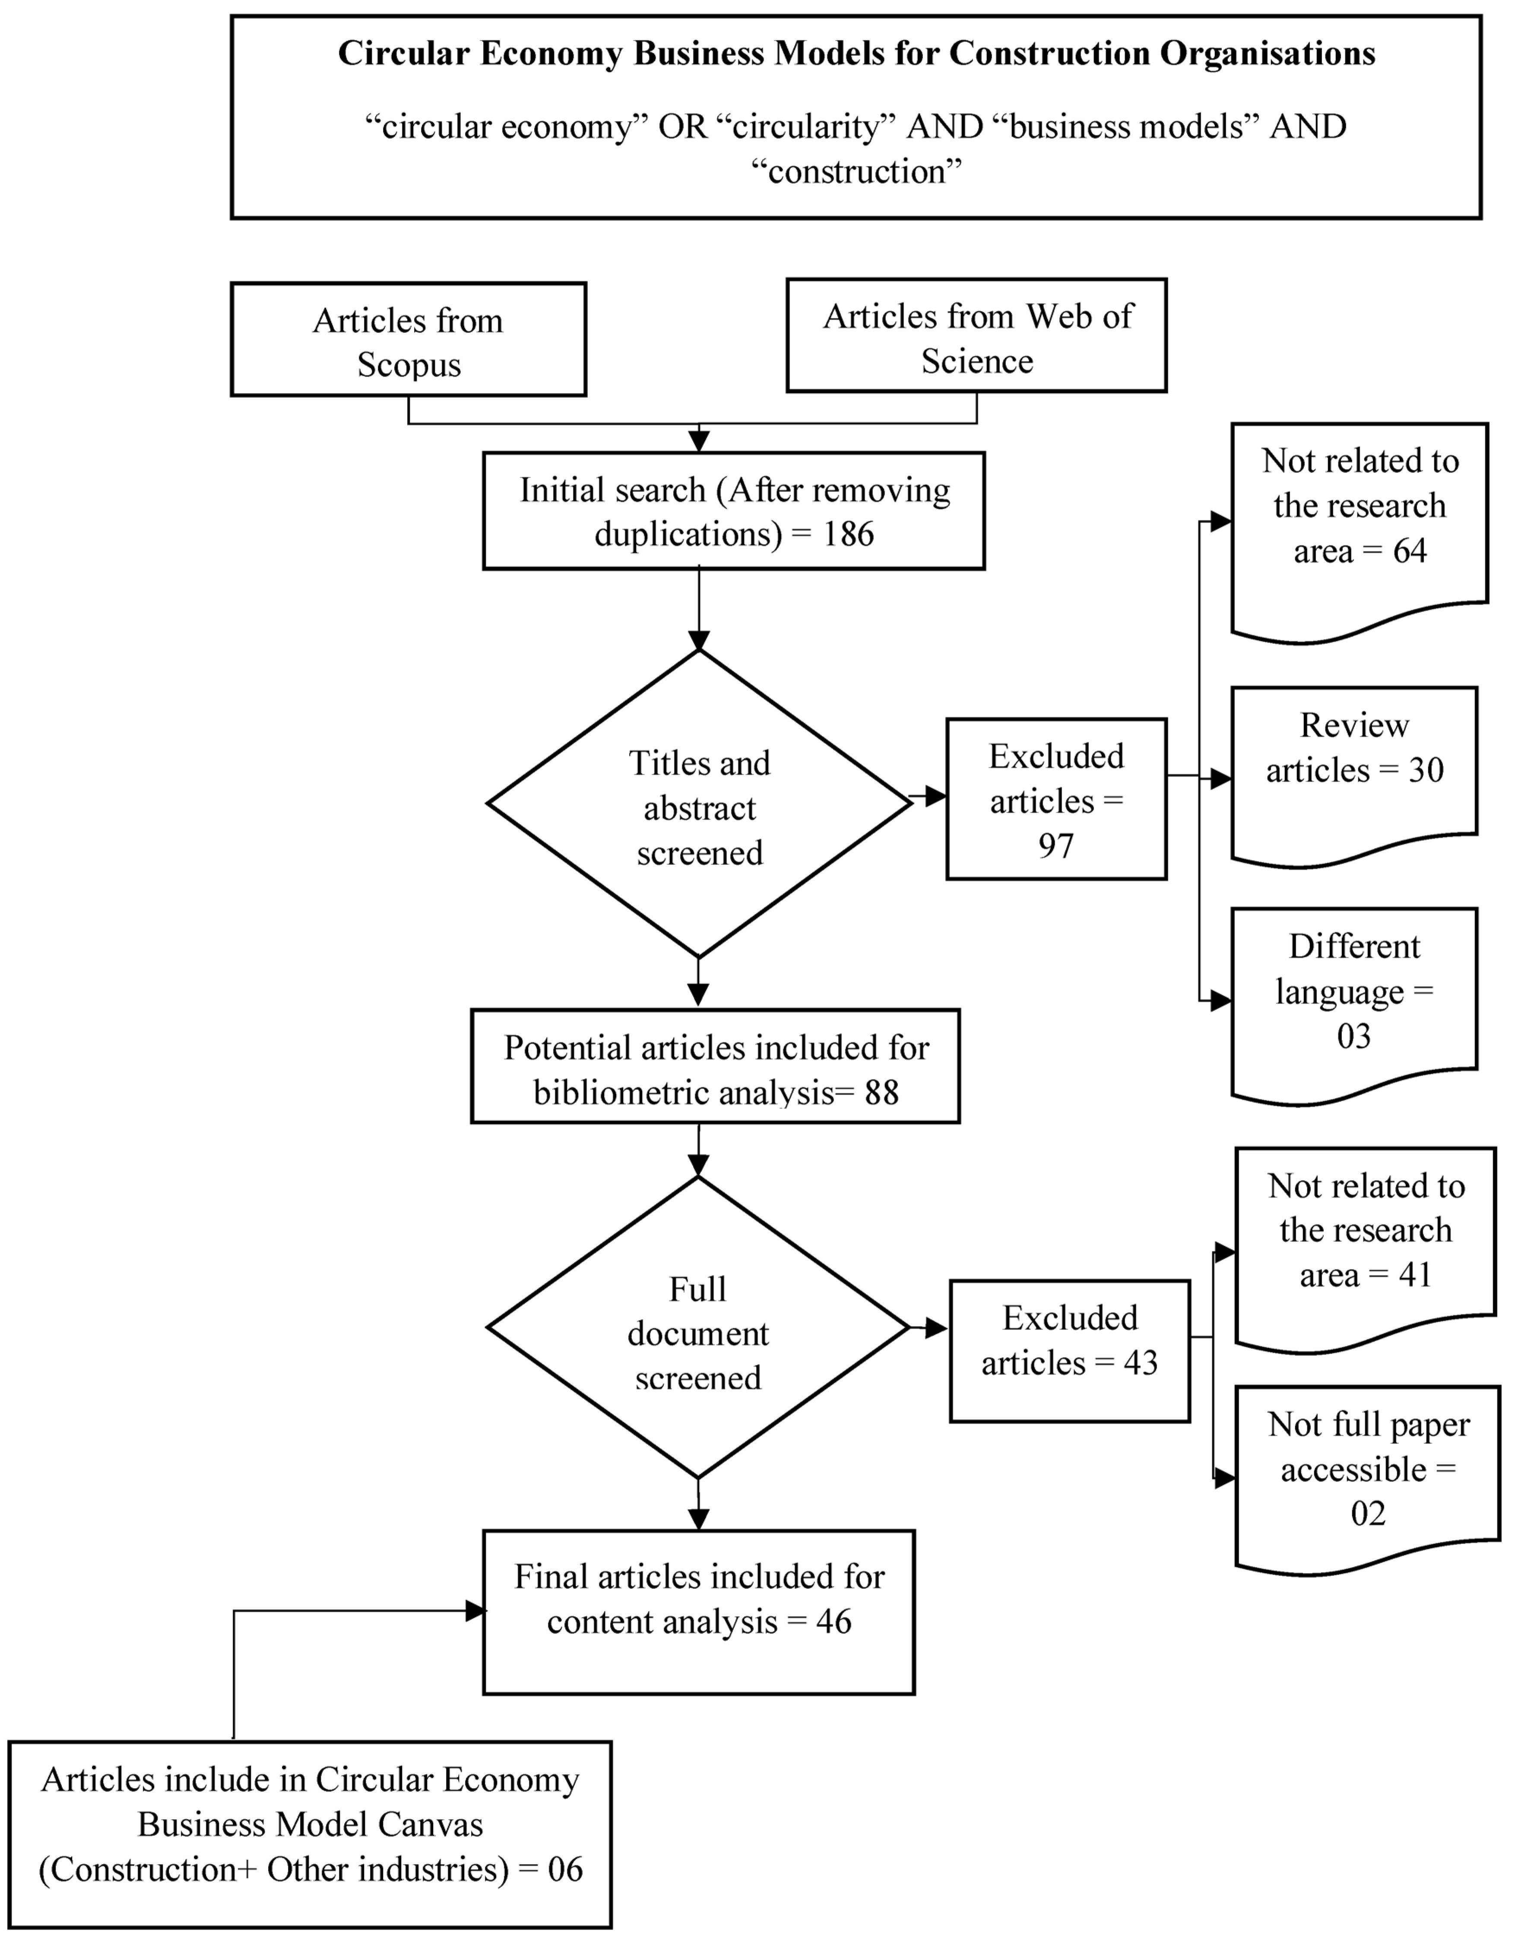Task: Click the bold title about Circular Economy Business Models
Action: coord(856,53)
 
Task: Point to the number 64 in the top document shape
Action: coord(1409,551)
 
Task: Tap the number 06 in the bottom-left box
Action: coord(565,1869)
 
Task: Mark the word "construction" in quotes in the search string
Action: coord(856,171)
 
